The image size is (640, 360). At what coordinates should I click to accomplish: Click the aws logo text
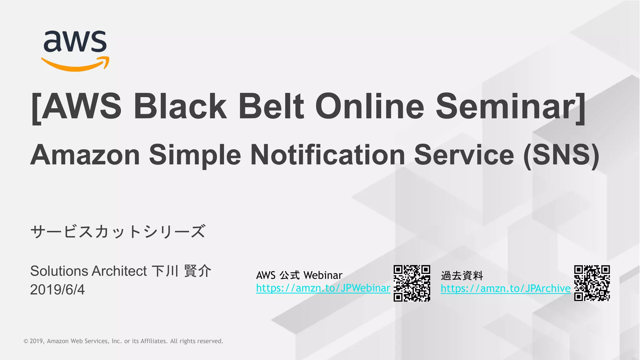coord(75,41)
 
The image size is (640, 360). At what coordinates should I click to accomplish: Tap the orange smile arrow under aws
coord(75,65)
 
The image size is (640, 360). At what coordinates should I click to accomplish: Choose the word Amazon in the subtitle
coord(85,155)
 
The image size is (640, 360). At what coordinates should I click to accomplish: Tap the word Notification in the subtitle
coord(327,155)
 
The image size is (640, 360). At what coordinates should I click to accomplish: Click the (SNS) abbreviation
coord(561,155)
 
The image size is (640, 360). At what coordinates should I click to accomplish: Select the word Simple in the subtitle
coord(195,155)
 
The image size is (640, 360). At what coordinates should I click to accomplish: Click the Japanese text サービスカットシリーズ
coord(118,232)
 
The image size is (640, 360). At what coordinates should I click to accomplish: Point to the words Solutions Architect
coord(88,271)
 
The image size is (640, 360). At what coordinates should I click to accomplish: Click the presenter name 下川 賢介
coord(182,271)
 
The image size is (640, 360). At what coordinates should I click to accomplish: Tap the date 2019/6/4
coord(57,290)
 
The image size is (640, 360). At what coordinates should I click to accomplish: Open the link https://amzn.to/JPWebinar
coord(323,288)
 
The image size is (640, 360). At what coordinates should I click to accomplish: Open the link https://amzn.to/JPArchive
coord(505,288)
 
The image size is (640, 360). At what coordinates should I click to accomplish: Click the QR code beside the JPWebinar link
coord(412,283)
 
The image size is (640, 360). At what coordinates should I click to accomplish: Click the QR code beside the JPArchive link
coord(592,283)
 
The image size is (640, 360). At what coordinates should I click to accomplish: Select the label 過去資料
coord(462,276)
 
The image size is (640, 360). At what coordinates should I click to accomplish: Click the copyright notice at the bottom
coord(123,341)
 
